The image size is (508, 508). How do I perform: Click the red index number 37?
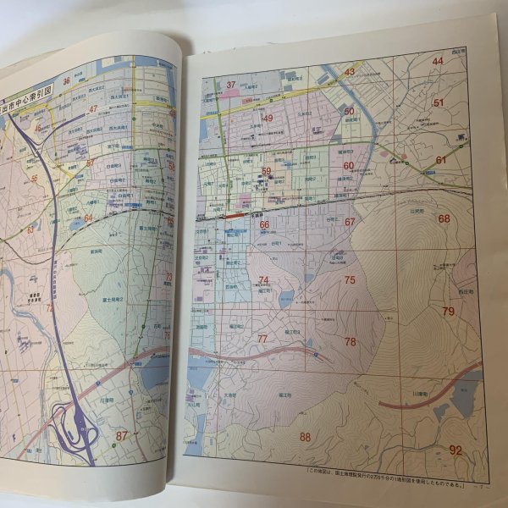pyautogui.click(x=230, y=84)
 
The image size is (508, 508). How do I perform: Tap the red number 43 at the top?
pyautogui.click(x=349, y=72)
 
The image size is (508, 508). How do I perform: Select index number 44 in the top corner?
pyautogui.click(x=438, y=61)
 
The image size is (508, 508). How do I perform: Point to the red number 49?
pyautogui.click(x=268, y=118)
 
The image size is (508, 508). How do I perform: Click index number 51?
pyautogui.click(x=439, y=102)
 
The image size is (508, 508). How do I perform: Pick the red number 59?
pyautogui.click(x=266, y=171)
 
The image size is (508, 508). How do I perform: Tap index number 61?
pyautogui.click(x=441, y=160)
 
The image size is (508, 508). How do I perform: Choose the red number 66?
pyautogui.click(x=264, y=225)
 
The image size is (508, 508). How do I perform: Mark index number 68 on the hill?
pyautogui.click(x=444, y=218)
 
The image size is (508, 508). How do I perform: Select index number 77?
pyautogui.click(x=263, y=339)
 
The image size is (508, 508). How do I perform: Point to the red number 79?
pyautogui.click(x=449, y=312)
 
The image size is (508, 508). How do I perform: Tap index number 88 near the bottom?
pyautogui.click(x=306, y=437)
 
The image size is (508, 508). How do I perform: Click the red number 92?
pyautogui.click(x=456, y=450)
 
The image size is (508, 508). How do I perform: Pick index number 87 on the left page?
pyautogui.click(x=122, y=436)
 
